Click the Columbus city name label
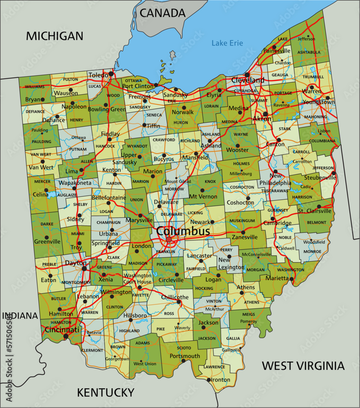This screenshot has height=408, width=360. tap(183, 231)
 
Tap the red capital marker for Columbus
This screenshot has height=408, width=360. tap(169, 239)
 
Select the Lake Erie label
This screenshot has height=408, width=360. tap(227, 43)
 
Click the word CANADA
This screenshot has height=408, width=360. tap(162, 13)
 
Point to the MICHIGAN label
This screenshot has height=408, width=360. tap(54, 36)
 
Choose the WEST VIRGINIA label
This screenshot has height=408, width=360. tap(303, 366)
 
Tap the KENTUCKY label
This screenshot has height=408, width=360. tap(106, 392)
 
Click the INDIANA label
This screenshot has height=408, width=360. tap(20, 316)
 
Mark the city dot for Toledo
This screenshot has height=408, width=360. tap(111, 74)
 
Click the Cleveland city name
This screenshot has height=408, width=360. tap(248, 80)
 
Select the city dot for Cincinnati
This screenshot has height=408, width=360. tap(66, 337)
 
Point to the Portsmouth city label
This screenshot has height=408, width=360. tap(185, 356)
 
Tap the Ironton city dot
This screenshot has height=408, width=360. tap(209, 380)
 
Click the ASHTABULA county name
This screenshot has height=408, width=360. tap(309, 52)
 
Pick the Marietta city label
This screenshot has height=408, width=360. tap(277, 278)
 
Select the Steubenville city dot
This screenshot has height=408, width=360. tap(334, 173)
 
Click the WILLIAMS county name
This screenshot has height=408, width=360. tap(35, 87)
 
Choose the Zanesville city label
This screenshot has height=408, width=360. tap(245, 237)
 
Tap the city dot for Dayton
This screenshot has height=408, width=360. tap(84, 268)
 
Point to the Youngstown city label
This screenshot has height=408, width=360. tap(318, 102)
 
